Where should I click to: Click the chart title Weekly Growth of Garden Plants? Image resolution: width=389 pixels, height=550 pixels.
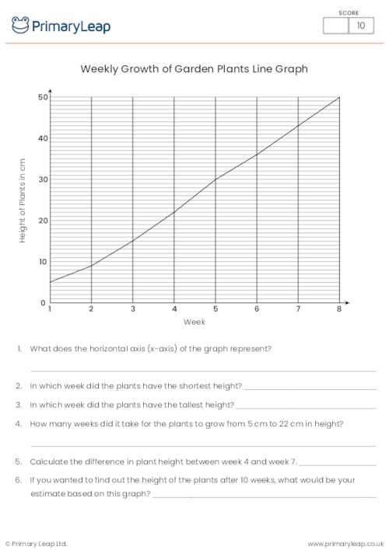(194, 68)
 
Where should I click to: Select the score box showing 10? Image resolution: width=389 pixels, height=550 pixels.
(360, 26)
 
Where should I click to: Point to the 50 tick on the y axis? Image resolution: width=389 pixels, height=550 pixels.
(43, 97)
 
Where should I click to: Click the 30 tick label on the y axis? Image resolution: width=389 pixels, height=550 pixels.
(43, 179)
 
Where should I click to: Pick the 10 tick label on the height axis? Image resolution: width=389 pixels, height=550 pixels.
(43, 262)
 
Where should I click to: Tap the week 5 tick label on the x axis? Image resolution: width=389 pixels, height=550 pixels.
(216, 309)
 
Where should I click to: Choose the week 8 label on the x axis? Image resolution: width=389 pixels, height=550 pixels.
(339, 309)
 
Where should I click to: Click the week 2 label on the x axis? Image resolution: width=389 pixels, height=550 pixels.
(92, 309)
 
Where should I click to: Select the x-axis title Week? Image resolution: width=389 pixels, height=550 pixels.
(194, 322)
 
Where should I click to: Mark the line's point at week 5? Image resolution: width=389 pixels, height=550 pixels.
(216, 179)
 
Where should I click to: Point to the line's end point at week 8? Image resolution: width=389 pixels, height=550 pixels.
(339, 97)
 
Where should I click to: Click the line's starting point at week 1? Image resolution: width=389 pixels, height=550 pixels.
(51, 282)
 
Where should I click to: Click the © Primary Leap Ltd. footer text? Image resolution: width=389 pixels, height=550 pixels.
(37, 543)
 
